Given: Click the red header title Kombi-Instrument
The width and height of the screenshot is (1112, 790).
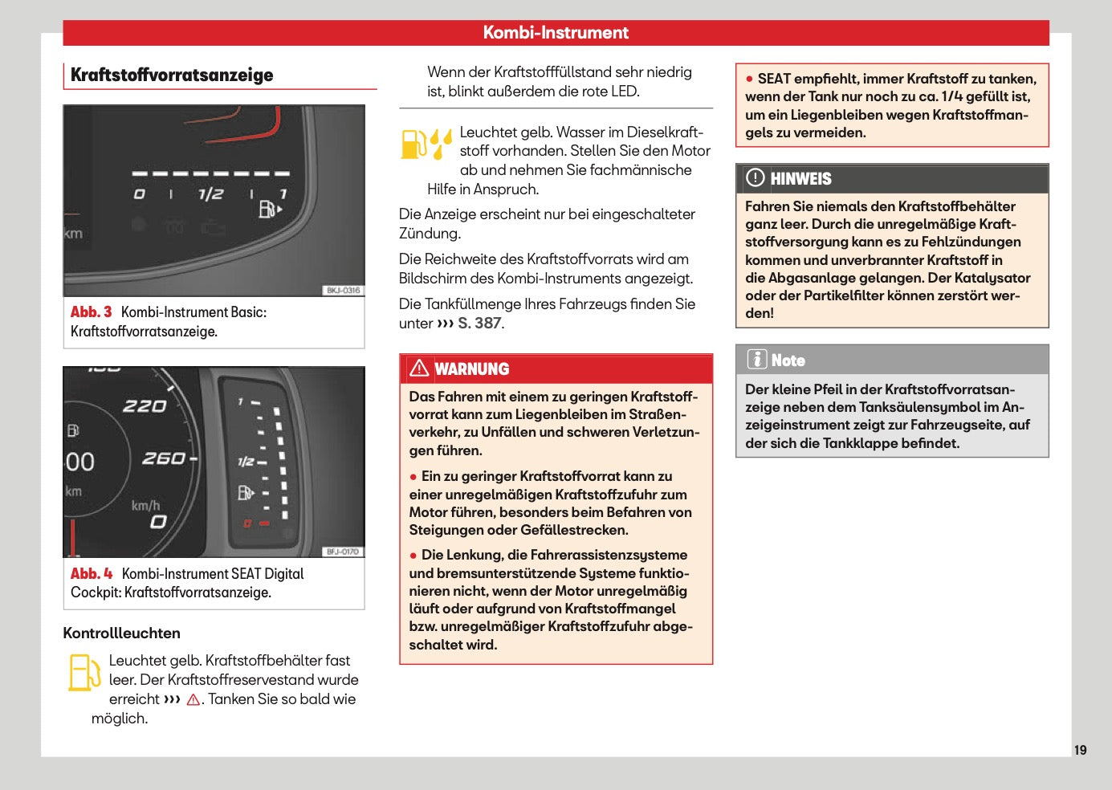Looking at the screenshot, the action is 556,32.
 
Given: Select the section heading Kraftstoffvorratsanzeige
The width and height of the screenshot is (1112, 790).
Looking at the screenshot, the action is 172,75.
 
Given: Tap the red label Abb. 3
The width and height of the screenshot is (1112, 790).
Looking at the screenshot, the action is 91,312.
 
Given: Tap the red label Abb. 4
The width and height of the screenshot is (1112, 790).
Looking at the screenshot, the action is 92,573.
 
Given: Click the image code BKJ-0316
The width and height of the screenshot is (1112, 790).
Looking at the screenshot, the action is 343,290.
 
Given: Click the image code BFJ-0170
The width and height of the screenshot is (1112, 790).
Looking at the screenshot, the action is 343,552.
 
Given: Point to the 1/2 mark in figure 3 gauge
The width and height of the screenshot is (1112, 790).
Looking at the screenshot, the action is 210,193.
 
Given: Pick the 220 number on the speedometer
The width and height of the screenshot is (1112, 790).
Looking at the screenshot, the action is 145,406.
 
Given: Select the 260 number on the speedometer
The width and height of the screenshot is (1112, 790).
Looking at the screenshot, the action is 164,458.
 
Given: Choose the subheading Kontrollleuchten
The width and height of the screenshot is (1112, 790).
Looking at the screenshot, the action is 121,633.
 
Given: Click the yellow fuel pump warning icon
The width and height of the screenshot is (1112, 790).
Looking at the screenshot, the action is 84,673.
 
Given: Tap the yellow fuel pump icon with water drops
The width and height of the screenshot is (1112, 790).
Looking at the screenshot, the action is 426,144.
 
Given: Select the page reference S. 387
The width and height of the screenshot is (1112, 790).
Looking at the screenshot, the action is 479,324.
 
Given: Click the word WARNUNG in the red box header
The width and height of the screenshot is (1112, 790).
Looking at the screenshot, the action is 471,369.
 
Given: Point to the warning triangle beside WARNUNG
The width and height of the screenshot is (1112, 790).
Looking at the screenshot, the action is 419,368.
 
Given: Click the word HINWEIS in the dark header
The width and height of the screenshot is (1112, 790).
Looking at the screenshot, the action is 800,179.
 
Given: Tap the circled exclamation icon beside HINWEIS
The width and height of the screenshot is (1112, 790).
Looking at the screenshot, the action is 755,177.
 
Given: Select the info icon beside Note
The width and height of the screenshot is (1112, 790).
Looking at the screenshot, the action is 757,359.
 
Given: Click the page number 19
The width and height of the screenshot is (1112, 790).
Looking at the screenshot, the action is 1080,750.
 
